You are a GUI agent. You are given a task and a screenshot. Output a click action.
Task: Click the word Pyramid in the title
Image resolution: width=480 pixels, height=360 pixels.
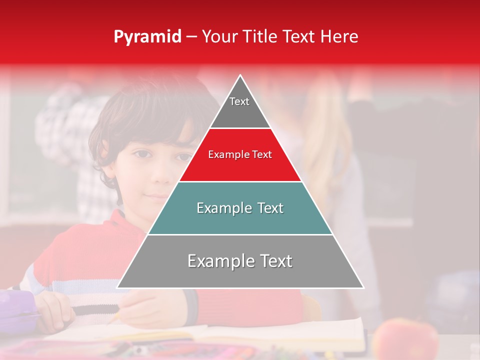coord(147,37)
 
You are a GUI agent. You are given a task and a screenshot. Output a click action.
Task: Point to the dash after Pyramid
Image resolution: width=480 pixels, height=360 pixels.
coord(191,37)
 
